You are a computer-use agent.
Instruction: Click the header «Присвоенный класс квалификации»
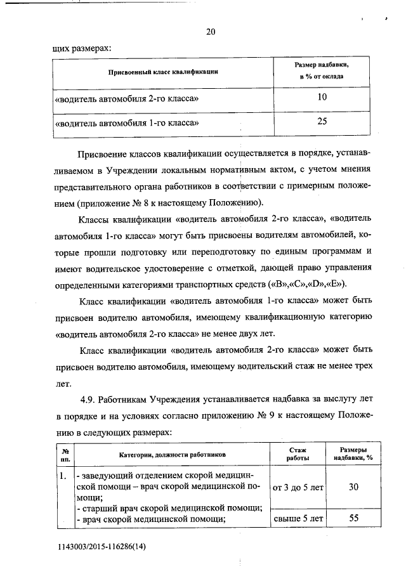tap(164, 72)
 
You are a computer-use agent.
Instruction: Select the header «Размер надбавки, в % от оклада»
tap(322, 71)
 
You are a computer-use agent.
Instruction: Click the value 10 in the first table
tap(322, 97)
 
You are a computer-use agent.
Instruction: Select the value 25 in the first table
tap(322, 122)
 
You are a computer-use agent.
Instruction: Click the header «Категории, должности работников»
tap(172, 455)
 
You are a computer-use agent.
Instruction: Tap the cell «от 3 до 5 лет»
tap(298, 488)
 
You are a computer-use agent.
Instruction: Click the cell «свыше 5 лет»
tap(298, 518)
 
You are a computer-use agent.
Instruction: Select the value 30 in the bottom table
tap(354, 487)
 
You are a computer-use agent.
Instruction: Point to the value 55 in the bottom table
tap(354, 518)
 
